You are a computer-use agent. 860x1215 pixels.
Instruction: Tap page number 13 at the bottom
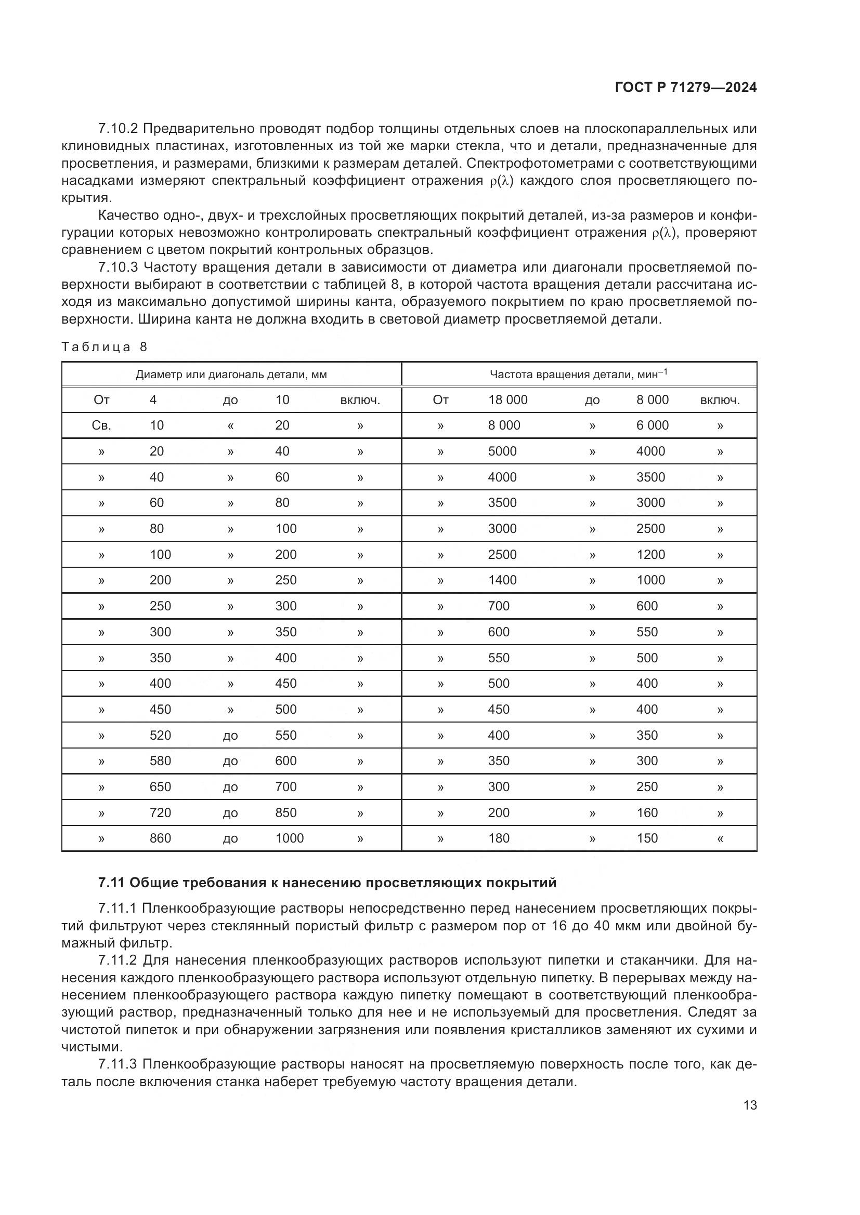(750, 1105)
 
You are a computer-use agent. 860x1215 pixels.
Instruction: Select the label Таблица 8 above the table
(105, 347)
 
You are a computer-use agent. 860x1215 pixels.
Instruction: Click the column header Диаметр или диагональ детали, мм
(231, 375)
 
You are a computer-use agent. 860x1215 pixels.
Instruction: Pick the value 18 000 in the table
(507, 400)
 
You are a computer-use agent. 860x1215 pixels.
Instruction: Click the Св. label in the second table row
(101, 425)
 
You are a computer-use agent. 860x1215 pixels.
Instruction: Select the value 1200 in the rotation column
(650, 555)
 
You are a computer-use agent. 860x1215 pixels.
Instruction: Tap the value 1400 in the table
(502, 580)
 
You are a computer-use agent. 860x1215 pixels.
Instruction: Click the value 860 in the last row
(160, 838)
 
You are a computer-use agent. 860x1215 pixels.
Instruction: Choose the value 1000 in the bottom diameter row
(289, 838)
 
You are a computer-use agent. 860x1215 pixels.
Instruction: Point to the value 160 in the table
(647, 813)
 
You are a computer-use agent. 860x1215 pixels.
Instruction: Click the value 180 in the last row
(498, 838)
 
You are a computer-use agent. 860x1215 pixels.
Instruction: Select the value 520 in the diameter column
(160, 736)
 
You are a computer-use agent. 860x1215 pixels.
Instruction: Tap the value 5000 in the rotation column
(502, 451)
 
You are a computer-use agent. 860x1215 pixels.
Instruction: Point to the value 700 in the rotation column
(498, 606)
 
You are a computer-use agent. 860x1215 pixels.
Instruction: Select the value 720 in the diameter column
(160, 813)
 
